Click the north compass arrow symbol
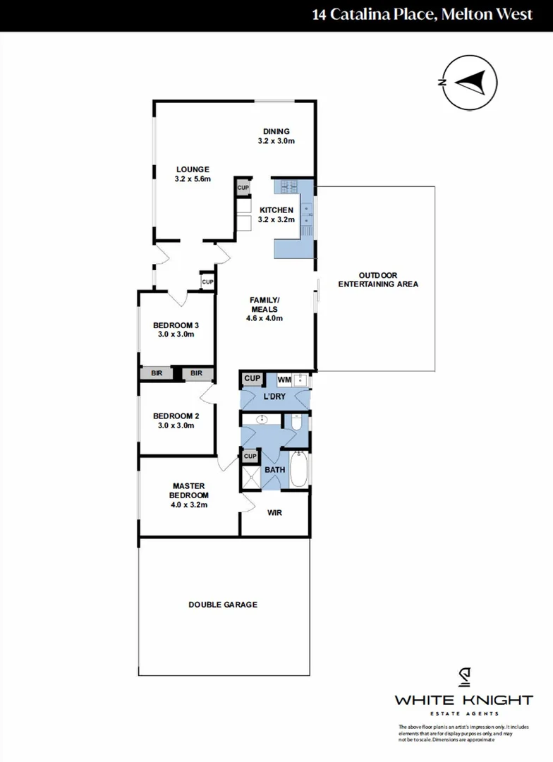click(469, 83)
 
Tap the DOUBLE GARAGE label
click(222, 605)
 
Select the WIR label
click(275, 513)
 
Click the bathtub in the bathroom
click(299, 471)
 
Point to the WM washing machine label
click(284, 380)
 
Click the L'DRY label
click(275, 397)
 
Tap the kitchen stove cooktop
click(289, 188)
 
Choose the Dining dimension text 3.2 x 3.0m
click(276, 141)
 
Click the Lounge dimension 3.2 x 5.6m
click(193, 179)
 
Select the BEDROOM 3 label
click(176, 325)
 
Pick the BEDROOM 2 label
click(176, 416)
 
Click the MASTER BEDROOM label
click(188, 486)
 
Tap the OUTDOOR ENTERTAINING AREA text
click(378, 279)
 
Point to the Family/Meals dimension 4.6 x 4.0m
click(265, 318)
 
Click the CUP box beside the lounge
click(243, 188)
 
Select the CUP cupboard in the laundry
click(251, 379)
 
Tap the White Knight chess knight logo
click(463, 677)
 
